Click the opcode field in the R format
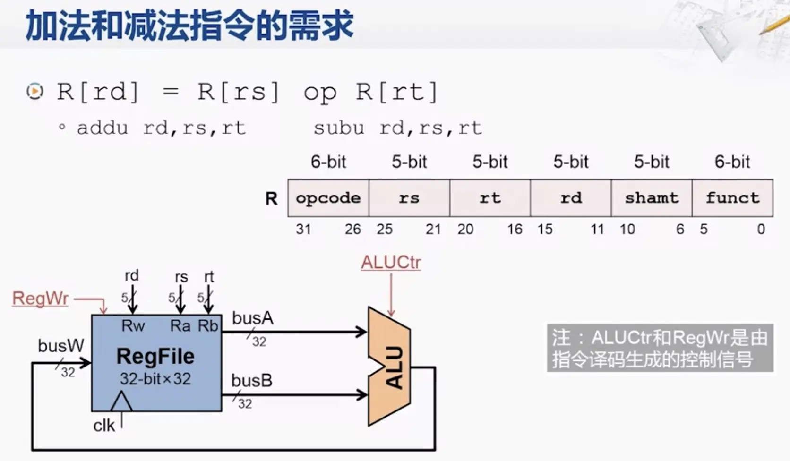click(328, 198)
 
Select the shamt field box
click(652, 198)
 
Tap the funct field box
click(732, 198)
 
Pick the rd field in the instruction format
click(571, 198)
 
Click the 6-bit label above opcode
click(328, 162)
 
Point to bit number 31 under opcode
click(303, 230)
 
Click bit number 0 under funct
click(761, 230)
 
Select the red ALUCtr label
click(391, 263)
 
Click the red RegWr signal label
click(41, 299)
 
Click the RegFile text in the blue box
click(155, 357)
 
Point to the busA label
click(252, 318)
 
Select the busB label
click(252, 381)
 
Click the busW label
click(60, 346)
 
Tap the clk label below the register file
click(104, 426)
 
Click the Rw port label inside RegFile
click(133, 326)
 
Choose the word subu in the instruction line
click(339, 128)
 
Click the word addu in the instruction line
click(103, 128)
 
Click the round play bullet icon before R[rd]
click(35, 91)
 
